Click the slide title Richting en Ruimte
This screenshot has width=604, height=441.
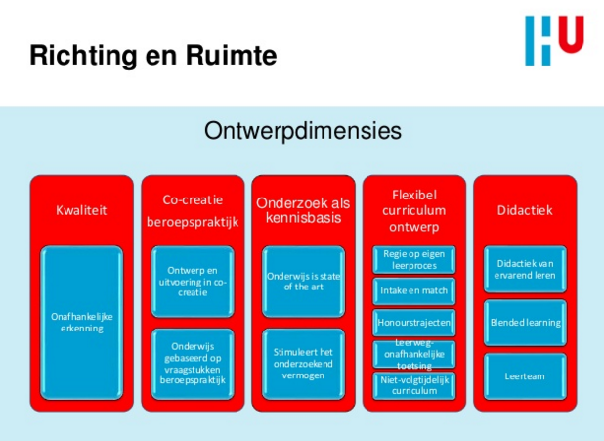152,56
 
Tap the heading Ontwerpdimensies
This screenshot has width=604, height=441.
302,131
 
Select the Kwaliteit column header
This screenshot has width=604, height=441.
81,209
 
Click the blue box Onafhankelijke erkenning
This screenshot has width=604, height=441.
81,322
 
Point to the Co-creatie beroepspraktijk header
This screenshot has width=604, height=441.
192,209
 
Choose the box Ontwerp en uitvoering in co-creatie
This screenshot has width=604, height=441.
192,281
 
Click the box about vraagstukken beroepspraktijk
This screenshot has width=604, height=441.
192,364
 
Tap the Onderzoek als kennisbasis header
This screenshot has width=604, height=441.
302,209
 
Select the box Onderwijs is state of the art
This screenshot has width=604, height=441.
302,281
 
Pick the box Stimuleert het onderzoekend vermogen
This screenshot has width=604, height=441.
302,364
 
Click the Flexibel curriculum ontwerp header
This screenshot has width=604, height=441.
412,210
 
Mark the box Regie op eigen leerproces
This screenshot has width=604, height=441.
413,259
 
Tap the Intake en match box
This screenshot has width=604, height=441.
413,290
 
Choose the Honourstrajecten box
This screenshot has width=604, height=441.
413,322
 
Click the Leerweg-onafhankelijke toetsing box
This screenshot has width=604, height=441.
413,353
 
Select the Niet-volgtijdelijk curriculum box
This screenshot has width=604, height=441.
413,384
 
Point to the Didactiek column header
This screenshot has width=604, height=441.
524,209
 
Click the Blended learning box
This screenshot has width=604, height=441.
525,322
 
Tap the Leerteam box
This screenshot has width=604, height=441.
525,375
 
